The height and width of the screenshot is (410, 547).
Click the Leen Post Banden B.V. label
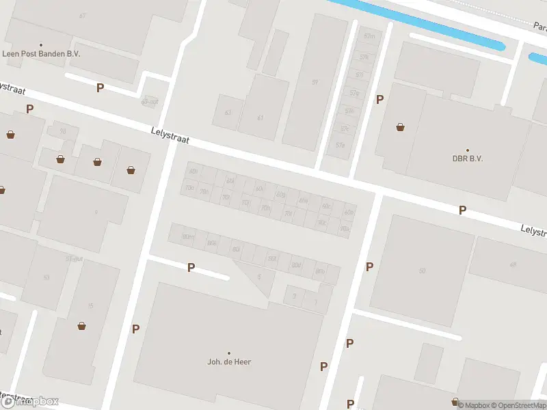point(40,53)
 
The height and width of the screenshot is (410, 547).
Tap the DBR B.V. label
point(468,159)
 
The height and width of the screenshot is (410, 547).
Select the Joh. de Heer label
point(229,361)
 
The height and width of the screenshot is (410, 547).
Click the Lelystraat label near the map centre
point(170,135)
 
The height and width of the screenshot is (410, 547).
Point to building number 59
point(315,82)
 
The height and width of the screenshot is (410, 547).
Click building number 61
point(260,118)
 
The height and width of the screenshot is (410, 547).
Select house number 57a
point(340,145)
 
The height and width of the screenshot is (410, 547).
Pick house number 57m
point(370,36)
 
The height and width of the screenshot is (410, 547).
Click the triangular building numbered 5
point(258,276)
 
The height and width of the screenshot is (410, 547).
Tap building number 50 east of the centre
point(422,271)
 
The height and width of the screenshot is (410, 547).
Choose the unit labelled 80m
point(186,236)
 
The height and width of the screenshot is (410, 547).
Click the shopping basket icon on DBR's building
point(400,127)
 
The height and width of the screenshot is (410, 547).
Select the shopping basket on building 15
point(82,326)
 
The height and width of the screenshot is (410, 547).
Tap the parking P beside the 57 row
point(379,100)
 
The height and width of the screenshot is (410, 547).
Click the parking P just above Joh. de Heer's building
point(191,268)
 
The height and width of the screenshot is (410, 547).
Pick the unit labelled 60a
point(349,213)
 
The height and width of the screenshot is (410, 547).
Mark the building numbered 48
point(512,264)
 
